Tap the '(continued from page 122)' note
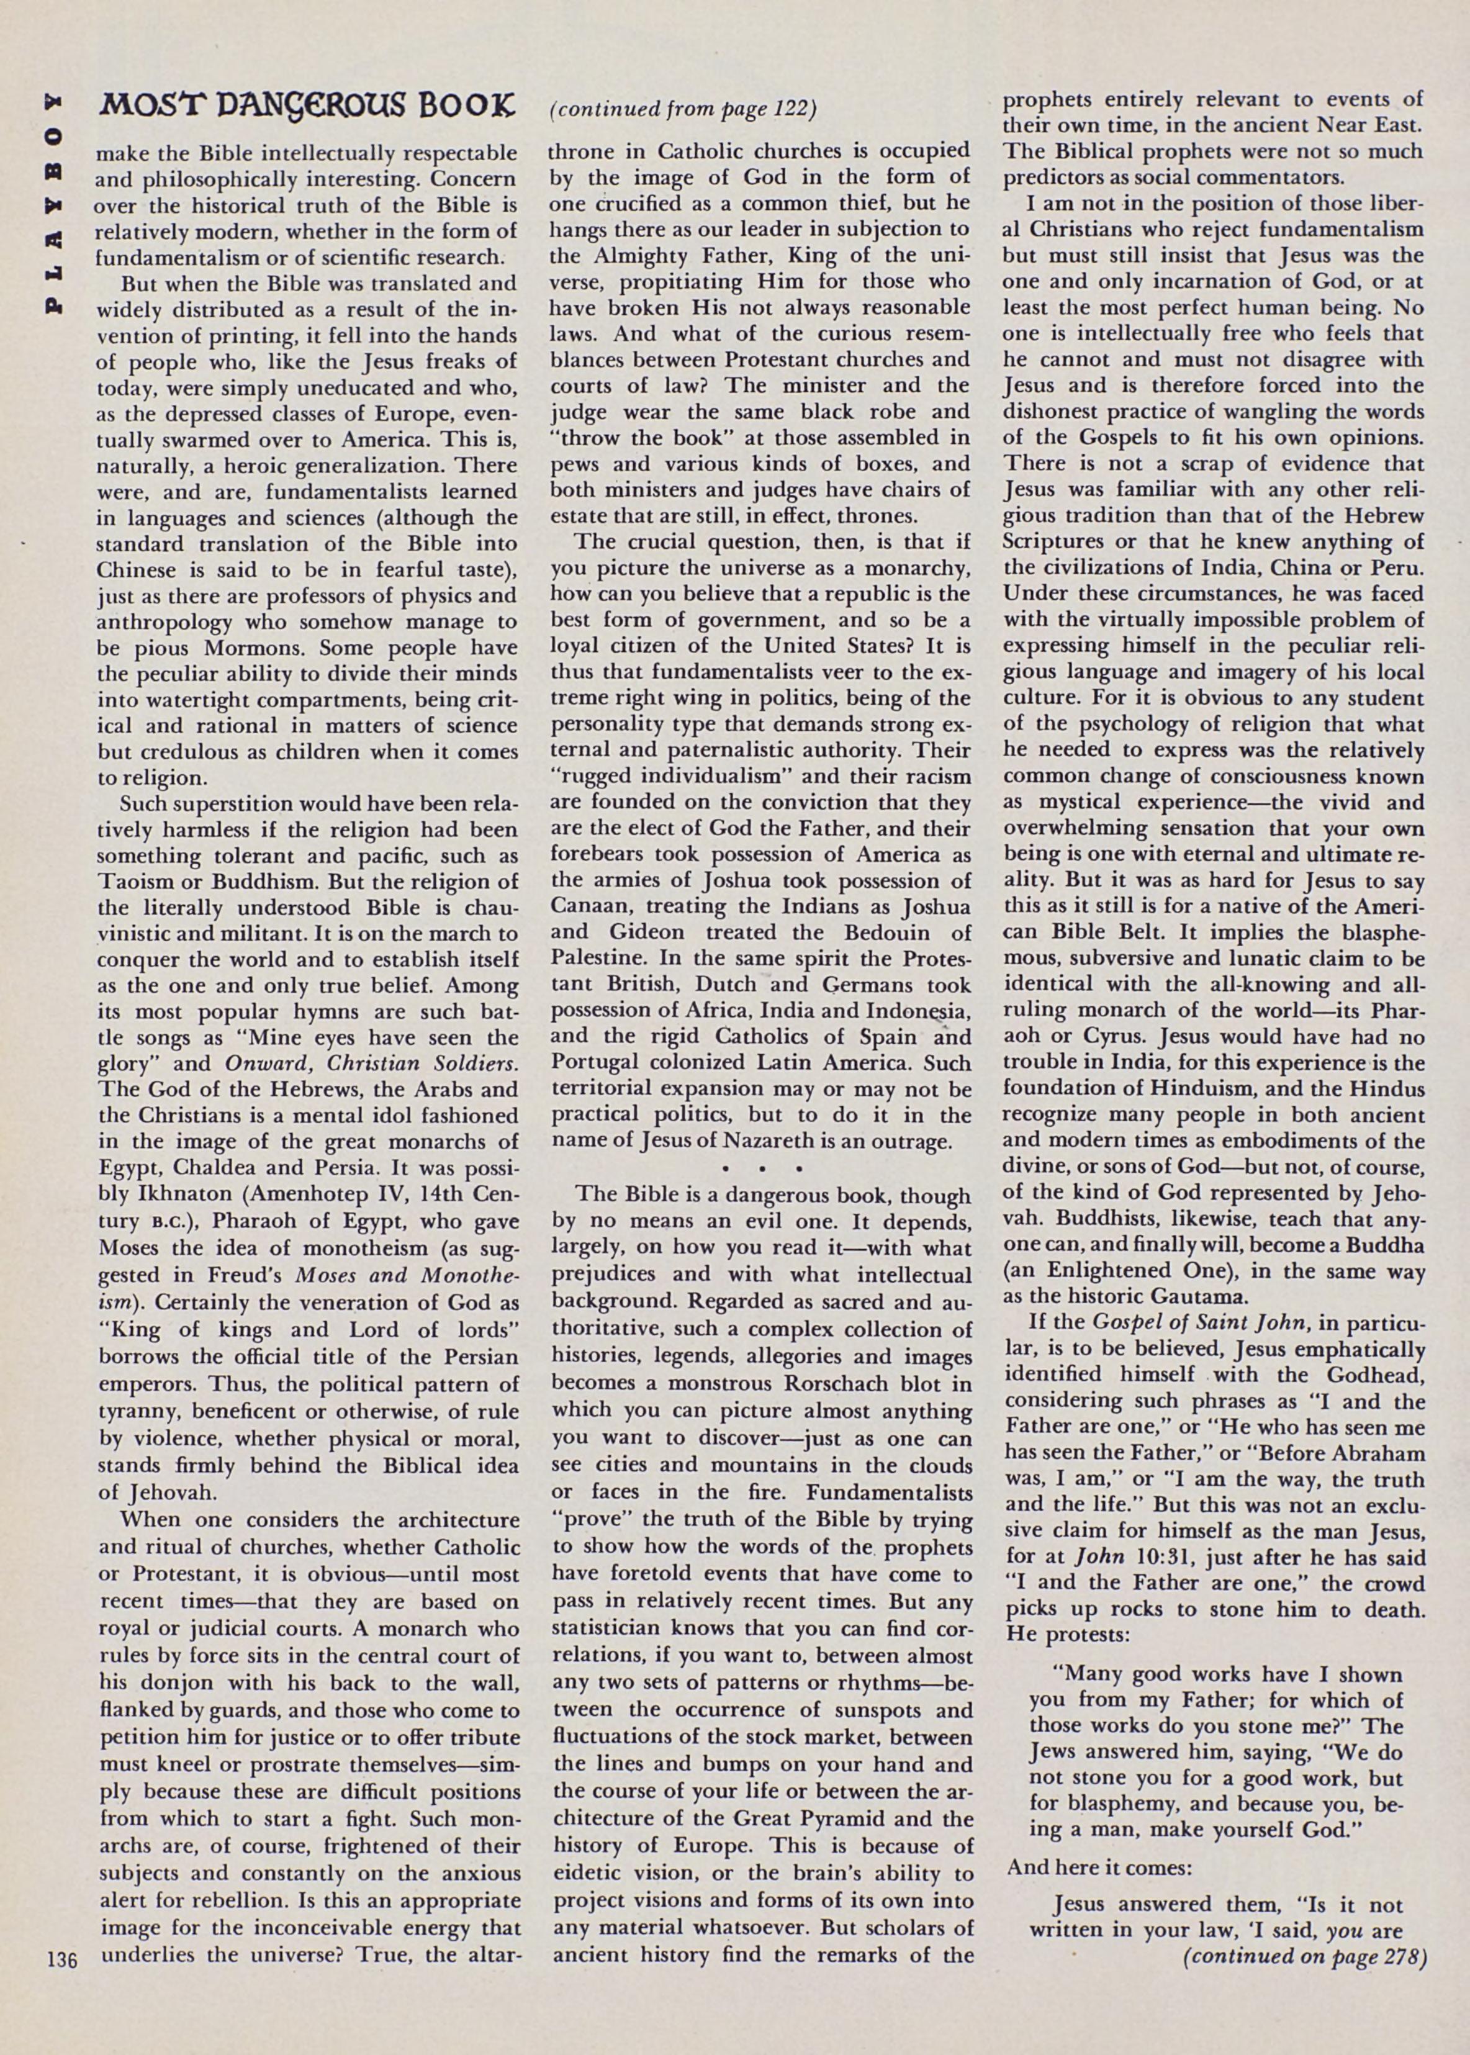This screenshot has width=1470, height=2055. (x=683, y=109)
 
